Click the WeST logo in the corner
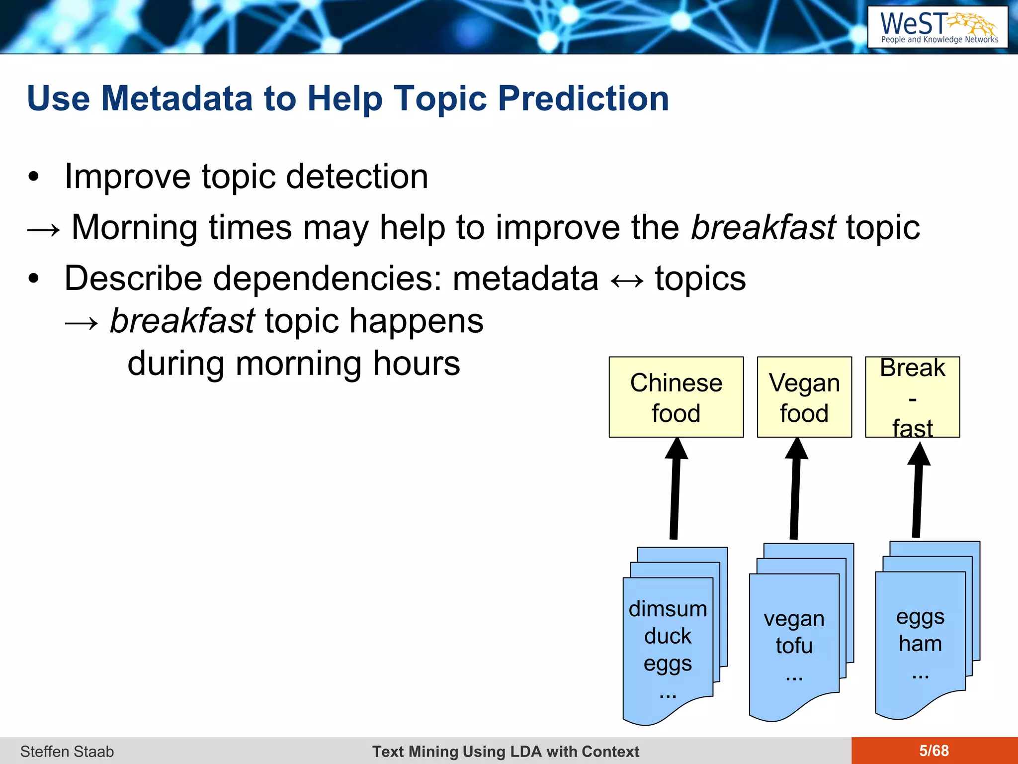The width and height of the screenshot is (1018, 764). [937, 27]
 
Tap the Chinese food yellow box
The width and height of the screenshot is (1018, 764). [676, 397]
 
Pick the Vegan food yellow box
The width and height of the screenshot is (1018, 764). [804, 397]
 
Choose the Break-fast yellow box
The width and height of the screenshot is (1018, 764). [912, 397]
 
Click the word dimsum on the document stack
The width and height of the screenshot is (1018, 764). [668, 609]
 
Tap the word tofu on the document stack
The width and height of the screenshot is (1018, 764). [794, 646]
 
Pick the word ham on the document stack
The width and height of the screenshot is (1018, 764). [920, 644]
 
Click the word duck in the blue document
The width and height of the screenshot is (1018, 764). [668, 636]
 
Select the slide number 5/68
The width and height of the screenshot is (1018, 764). [933, 751]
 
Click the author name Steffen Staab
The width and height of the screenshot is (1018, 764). [67, 752]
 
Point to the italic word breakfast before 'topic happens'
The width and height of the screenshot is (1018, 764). [182, 321]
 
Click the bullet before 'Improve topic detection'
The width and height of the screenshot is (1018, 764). [33, 177]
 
